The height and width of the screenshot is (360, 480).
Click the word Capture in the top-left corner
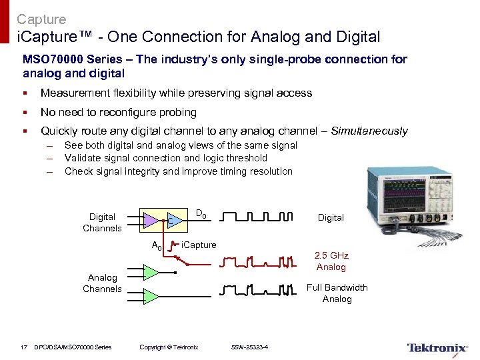tap(41, 19)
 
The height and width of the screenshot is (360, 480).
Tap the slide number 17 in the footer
tap(23, 346)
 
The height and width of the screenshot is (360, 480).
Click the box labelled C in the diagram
tap(172, 220)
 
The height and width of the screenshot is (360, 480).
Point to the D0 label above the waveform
tap(201, 214)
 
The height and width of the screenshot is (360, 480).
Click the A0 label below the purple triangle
tap(157, 245)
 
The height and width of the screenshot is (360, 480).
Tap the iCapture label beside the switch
tap(199, 245)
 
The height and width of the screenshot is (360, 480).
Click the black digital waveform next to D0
tap(257, 217)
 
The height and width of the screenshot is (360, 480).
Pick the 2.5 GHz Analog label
tap(331, 261)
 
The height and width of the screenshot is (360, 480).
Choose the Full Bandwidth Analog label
tap(337, 293)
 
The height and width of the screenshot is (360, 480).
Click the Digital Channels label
tap(102, 222)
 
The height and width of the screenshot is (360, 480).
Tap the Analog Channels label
tap(102, 283)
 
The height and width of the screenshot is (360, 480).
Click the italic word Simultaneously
tap(369, 131)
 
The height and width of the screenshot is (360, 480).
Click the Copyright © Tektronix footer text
tap(169, 347)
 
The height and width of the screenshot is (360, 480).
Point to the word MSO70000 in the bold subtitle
tap(54, 59)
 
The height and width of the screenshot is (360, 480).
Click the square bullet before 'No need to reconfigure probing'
tap(25, 112)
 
